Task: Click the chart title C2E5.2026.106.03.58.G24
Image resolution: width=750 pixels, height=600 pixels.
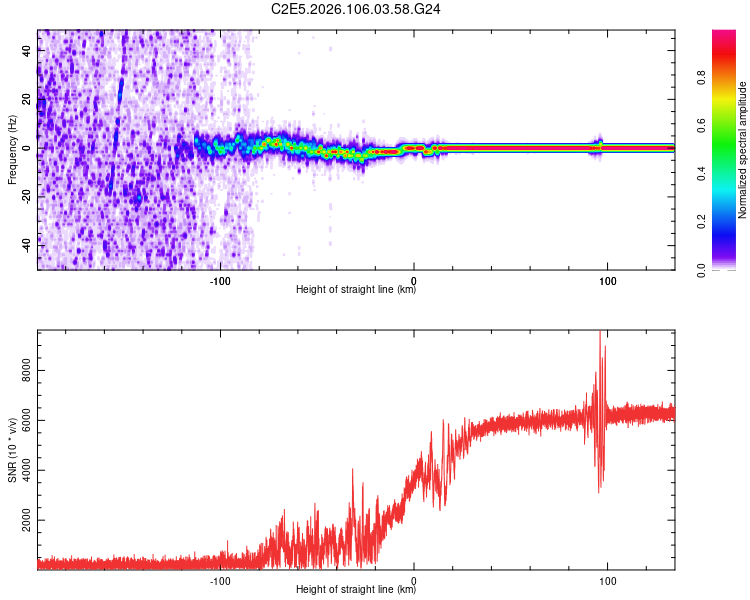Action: pos(357,9)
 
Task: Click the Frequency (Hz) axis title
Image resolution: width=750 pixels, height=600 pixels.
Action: pos(12,150)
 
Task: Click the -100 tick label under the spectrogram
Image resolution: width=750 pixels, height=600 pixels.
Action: pos(221,281)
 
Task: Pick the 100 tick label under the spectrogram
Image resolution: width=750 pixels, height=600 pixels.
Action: pos(607,281)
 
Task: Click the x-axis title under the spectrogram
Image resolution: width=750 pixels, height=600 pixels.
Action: pos(356,291)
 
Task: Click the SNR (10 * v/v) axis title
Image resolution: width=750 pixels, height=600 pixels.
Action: pos(12,450)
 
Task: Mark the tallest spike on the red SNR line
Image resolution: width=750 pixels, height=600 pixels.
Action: pos(600,333)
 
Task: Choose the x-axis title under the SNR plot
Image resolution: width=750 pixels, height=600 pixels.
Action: pos(356,591)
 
